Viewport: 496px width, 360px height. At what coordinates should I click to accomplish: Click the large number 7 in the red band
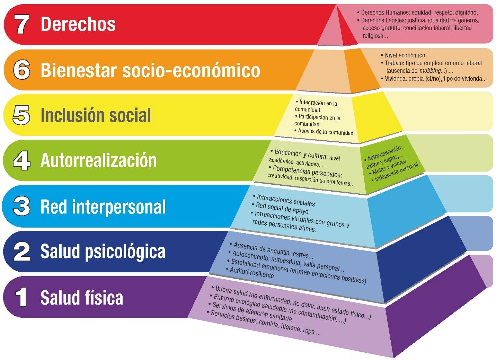pyautogui.click(x=22, y=25)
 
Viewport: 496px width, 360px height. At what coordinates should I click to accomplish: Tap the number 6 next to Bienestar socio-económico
pyautogui.click(x=22, y=70)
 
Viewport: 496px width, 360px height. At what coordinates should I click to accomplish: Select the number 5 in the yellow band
pyautogui.click(x=21, y=115)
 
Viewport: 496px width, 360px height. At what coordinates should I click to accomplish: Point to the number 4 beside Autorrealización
pyautogui.click(x=21, y=160)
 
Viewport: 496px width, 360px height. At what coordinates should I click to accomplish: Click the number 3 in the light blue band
pyautogui.click(x=21, y=207)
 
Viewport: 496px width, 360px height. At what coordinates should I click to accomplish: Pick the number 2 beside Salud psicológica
pyautogui.click(x=22, y=251)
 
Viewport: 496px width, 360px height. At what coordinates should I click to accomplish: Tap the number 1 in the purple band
pyautogui.click(x=21, y=297)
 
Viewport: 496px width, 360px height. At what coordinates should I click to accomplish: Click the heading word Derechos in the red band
pyautogui.click(x=78, y=24)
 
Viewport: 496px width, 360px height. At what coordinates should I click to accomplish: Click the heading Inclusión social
pyautogui.click(x=96, y=115)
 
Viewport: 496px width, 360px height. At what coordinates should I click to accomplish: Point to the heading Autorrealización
pyautogui.click(x=98, y=160)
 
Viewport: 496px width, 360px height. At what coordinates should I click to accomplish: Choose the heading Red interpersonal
pyautogui.click(x=103, y=207)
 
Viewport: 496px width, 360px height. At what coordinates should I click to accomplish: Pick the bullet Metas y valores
pyautogui.click(x=389, y=168)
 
